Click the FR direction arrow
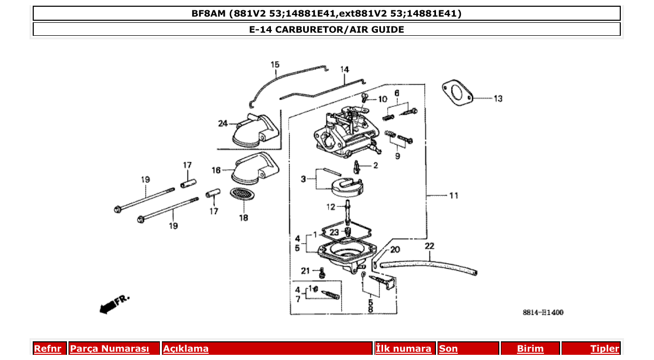[x=113, y=305]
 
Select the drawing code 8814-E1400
[x=543, y=312]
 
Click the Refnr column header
[x=47, y=349]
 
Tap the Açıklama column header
[x=186, y=349]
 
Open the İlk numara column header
[x=403, y=349]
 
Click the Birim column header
[x=530, y=349]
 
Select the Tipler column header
[x=605, y=349]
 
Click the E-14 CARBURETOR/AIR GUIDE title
[x=326, y=29]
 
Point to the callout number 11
[x=454, y=196]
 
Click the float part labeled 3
[x=347, y=187]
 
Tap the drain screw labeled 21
[x=321, y=272]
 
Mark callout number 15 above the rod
[x=275, y=65]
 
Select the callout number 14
[x=345, y=70]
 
